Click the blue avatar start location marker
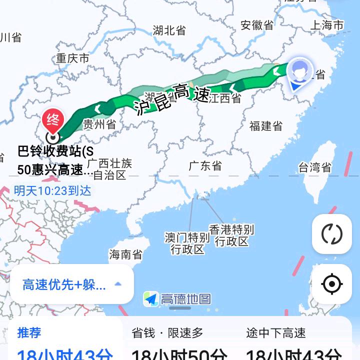299,73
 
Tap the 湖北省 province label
169,30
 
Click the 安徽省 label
257,25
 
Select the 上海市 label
327,25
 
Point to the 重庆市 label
72,58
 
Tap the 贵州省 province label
99,124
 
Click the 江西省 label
225,98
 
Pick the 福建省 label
266,125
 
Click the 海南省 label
125,254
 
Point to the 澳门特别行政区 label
187,243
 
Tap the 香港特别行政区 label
231,235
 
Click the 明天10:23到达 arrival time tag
52,190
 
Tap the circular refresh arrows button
331,233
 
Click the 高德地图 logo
177,299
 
